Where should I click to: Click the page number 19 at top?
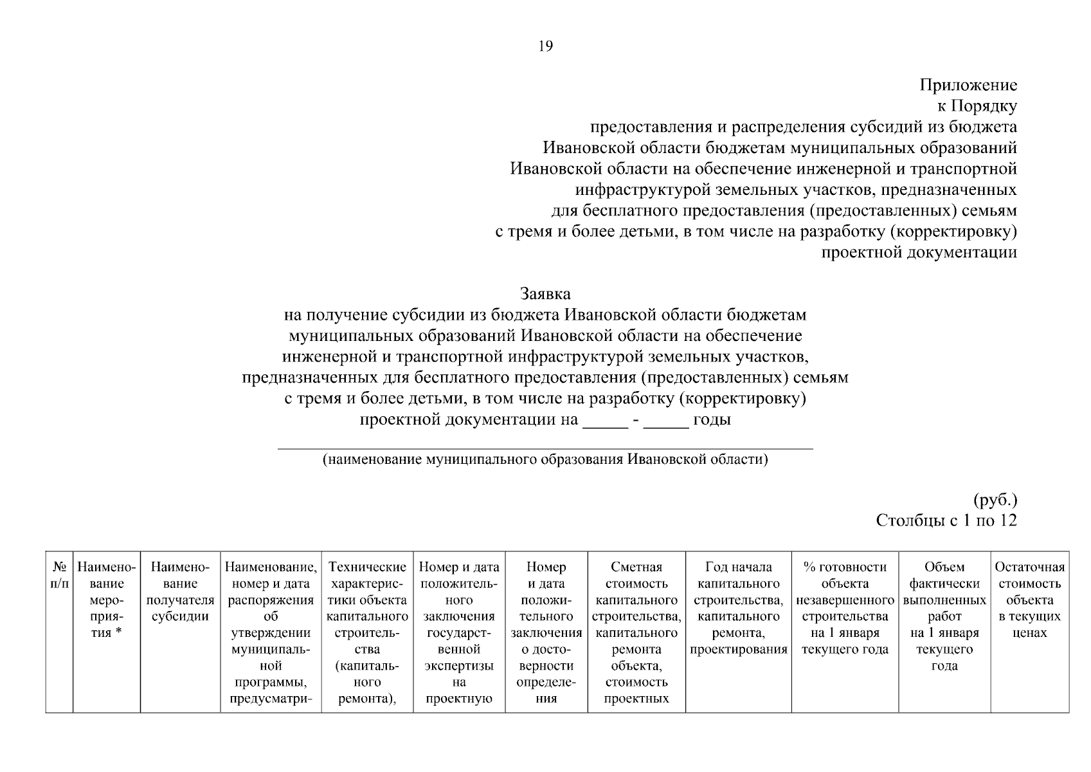click(545, 46)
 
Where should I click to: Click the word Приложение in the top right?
click(968, 85)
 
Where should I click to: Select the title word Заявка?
click(545, 294)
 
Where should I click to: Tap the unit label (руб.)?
click(995, 499)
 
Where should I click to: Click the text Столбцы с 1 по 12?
click(946, 520)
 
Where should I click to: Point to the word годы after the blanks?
click(712, 420)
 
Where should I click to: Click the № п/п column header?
click(59, 575)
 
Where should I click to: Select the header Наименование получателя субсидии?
click(180, 592)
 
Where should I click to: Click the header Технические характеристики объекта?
click(367, 592)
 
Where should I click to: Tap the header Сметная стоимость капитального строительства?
click(636, 592)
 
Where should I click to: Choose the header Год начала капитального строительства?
click(738, 592)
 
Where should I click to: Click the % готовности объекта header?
click(845, 592)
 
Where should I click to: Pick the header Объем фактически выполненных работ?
click(944, 592)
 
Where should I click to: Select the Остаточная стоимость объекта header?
click(1029, 592)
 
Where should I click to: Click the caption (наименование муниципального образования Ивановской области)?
click(545, 460)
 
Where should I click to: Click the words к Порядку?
click(977, 106)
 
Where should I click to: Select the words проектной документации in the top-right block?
click(919, 252)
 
